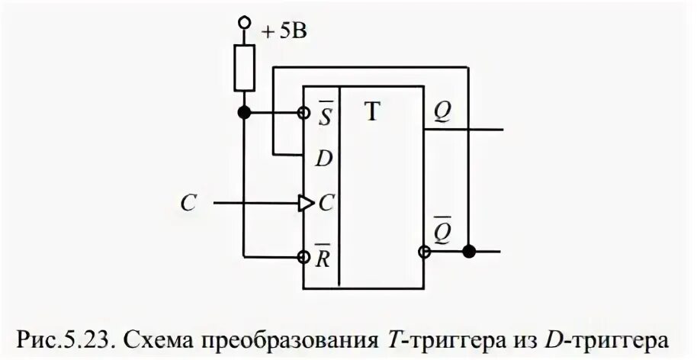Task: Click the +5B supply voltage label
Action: click(285, 32)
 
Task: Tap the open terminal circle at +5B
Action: click(244, 24)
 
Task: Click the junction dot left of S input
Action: click(244, 113)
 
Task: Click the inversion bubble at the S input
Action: click(304, 113)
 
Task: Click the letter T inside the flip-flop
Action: click(371, 113)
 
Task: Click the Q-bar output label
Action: click(442, 230)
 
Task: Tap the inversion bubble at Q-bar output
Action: click(423, 252)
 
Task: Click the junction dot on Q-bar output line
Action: click(470, 251)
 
